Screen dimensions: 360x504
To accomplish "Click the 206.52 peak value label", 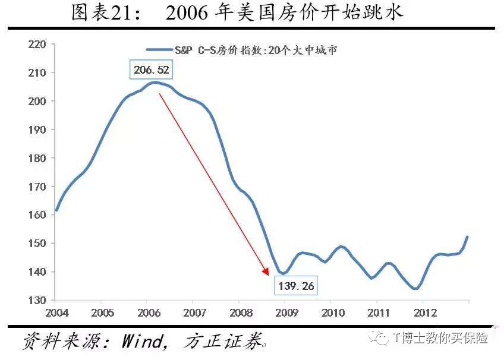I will pyautogui.click(x=152, y=71).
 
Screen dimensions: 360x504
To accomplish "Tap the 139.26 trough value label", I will pyautogui.click(x=295, y=286).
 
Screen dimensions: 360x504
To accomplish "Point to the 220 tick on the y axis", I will pyautogui.click(x=37, y=44).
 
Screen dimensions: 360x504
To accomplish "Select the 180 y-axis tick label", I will pyautogui.click(x=37, y=158).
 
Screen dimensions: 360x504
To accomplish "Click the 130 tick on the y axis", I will pyautogui.click(x=37, y=300).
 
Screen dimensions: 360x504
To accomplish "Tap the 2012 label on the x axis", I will pyautogui.click(x=424, y=312).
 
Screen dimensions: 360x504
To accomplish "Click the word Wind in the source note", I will pyautogui.click(x=141, y=341).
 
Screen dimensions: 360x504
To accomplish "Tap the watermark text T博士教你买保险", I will pyautogui.click(x=440, y=338).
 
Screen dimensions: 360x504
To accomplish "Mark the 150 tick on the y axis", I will pyautogui.click(x=37, y=244).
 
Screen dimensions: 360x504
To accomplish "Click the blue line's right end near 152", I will pyautogui.click(x=467, y=237).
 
